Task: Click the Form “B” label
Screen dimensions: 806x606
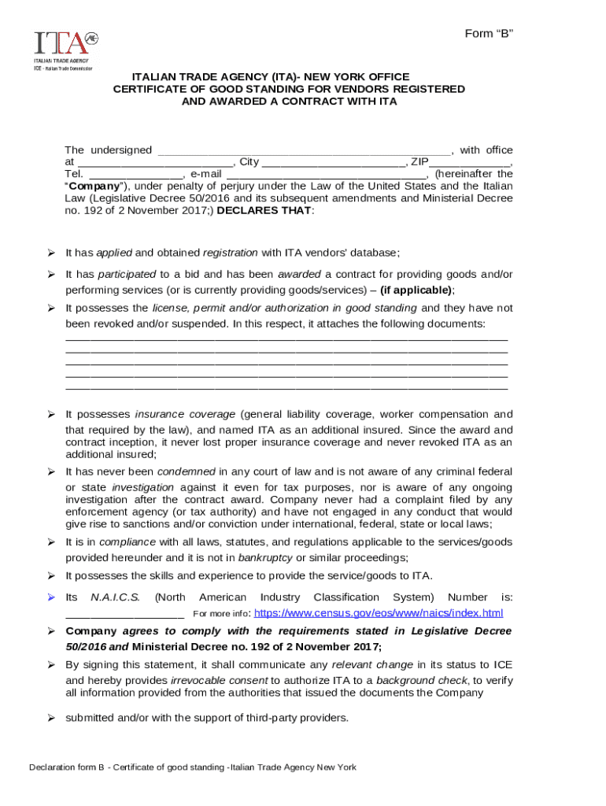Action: pyautogui.click(x=489, y=33)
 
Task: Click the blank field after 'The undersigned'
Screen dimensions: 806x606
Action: pyautogui.click(x=305, y=151)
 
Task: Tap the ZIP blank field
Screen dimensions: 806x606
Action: pyautogui.click(x=469, y=163)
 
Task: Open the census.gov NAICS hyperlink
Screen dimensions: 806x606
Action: pyautogui.click(x=379, y=613)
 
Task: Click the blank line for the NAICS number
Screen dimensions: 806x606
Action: pyautogui.click(x=124, y=614)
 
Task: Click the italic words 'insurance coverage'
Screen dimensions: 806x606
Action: pyautogui.click(x=185, y=414)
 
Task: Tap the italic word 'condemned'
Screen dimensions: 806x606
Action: pyautogui.click(x=187, y=471)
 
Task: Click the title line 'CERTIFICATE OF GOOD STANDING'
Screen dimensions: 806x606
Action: pyautogui.click(x=288, y=89)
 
